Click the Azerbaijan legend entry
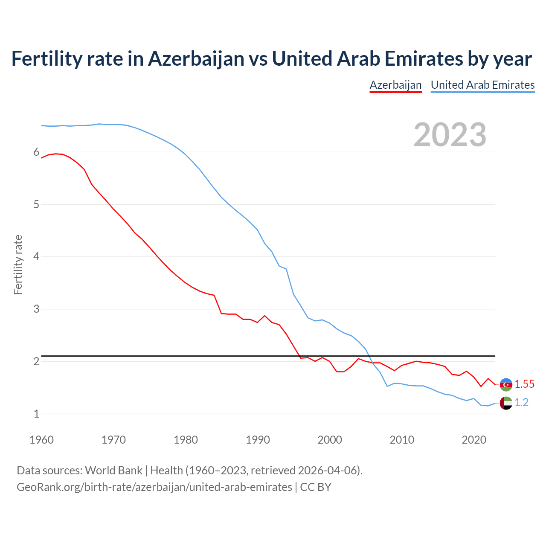395,85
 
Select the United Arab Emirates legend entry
482,85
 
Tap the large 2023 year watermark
450,135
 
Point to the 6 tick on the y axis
36,152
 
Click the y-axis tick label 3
36,309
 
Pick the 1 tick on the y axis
36,414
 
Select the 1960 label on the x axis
41,440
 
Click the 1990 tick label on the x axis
258,440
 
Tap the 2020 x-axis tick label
474,440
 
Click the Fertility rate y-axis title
18,264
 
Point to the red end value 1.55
524,384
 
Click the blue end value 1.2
521,403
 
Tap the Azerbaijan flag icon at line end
506,385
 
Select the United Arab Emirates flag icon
506,403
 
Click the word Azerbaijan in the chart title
196,59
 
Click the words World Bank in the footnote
113,470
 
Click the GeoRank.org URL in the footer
154,487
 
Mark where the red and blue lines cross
372,363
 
